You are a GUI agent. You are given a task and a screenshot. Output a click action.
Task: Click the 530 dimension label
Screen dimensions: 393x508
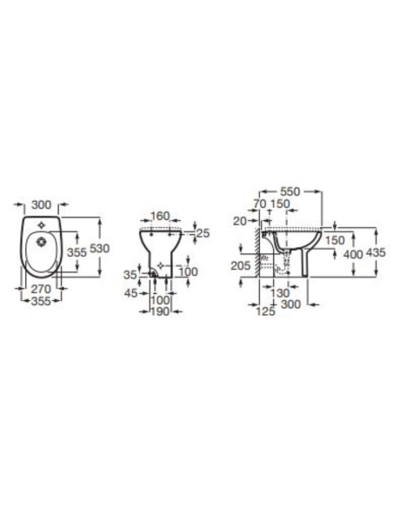coord(99,249)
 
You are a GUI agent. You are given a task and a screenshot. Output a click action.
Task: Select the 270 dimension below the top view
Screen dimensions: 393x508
coord(41,289)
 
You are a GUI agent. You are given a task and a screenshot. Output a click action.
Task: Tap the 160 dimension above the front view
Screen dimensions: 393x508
coord(160,216)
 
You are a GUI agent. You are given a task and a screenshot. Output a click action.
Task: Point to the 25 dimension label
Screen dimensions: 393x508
coord(203,233)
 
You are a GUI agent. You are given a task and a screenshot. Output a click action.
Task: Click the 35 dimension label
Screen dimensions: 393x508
coord(130,275)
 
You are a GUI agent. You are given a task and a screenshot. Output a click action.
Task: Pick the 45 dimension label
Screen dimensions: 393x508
coord(131,293)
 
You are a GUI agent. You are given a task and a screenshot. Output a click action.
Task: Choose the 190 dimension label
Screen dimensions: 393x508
coord(160,311)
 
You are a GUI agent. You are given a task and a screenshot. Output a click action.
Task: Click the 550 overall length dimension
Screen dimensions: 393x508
coord(290,191)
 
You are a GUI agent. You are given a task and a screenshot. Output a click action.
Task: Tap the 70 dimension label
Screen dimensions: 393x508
coord(260,204)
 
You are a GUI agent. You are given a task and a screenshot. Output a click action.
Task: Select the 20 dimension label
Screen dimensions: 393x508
coord(240,221)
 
